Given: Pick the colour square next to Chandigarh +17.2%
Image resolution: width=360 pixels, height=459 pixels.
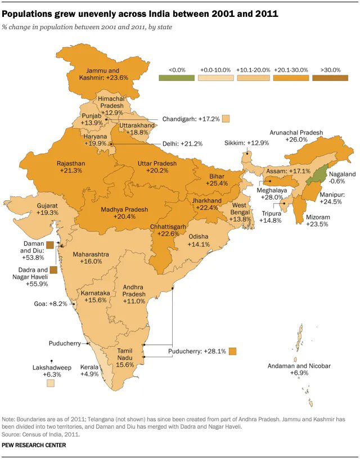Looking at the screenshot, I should pyautogui.click(x=226, y=119).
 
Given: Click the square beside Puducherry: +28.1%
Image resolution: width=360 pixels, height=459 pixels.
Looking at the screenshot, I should pyautogui.click(x=232, y=352).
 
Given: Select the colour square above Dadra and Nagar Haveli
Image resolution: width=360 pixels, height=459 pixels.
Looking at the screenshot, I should pyautogui.click(x=53, y=270).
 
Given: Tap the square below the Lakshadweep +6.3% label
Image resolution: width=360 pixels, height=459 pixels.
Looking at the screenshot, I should pyautogui.click(x=51, y=383).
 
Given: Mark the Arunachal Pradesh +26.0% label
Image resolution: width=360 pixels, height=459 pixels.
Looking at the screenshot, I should pyautogui.click(x=296, y=136).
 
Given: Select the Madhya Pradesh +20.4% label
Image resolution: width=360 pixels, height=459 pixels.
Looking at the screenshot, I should pyautogui.click(x=124, y=213).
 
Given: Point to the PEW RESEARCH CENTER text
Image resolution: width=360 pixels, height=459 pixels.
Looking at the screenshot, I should pyautogui.click(x=34, y=445).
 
